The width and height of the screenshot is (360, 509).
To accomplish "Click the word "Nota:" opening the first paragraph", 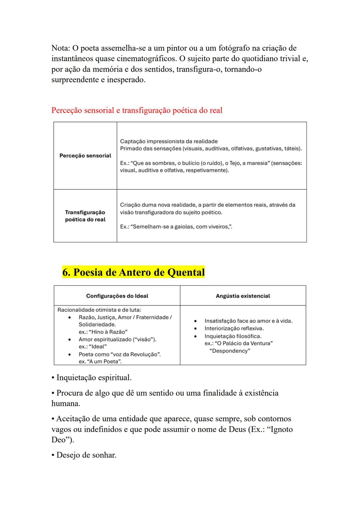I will pos(61,48).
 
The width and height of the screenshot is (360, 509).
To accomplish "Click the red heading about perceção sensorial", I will pos(137,110).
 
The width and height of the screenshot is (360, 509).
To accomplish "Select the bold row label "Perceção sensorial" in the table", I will pos(85,156).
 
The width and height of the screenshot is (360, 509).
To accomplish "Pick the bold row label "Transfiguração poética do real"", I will pos(85,216).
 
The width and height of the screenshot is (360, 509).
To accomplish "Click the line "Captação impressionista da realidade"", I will pos(169,141).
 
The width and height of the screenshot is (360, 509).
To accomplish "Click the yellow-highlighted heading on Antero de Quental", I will pos(133,272).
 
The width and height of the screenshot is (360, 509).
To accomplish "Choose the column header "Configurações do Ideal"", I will pos(117,296).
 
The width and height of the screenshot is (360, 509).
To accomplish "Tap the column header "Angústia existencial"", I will pos(243,296).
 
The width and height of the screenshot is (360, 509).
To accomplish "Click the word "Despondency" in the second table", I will pos(230,351).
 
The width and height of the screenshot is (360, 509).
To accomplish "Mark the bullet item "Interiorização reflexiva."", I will pos(234,329).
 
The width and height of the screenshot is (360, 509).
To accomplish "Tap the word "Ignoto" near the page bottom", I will pos(280,429).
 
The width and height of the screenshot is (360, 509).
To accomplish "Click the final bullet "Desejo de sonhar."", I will pos(86,455).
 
